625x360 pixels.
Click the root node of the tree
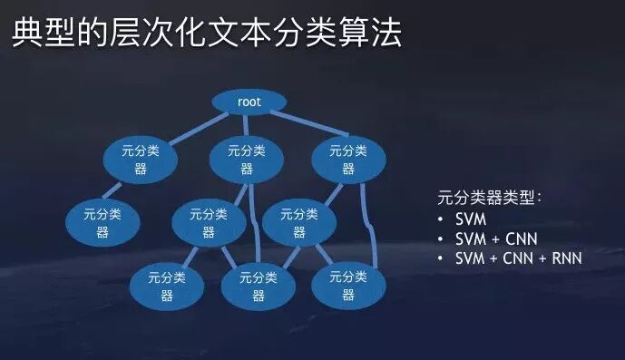point(249,102)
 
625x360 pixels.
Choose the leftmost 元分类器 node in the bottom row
point(167,287)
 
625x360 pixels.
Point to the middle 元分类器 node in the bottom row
point(259,287)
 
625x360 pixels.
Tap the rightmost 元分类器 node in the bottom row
point(348,287)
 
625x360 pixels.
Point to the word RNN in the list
point(564,259)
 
